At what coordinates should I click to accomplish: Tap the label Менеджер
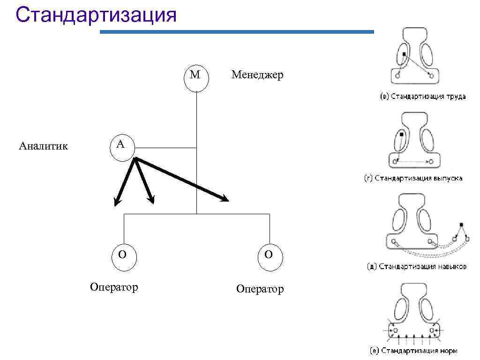point(257,75)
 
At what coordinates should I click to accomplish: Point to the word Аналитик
point(44,146)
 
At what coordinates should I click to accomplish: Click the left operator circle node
point(123,256)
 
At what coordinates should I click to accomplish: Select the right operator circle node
point(269,256)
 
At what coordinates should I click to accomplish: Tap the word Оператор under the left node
point(114,286)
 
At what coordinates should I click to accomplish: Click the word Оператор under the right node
point(260,289)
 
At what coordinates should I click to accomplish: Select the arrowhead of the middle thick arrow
point(152,201)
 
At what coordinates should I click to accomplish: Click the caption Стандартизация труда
point(422,97)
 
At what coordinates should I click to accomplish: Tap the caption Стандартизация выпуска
point(413,179)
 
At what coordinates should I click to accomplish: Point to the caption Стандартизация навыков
point(416,267)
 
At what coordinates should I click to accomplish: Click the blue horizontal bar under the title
point(237,32)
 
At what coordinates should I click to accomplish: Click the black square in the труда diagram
point(404,55)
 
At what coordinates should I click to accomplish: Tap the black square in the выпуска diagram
point(402,135)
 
